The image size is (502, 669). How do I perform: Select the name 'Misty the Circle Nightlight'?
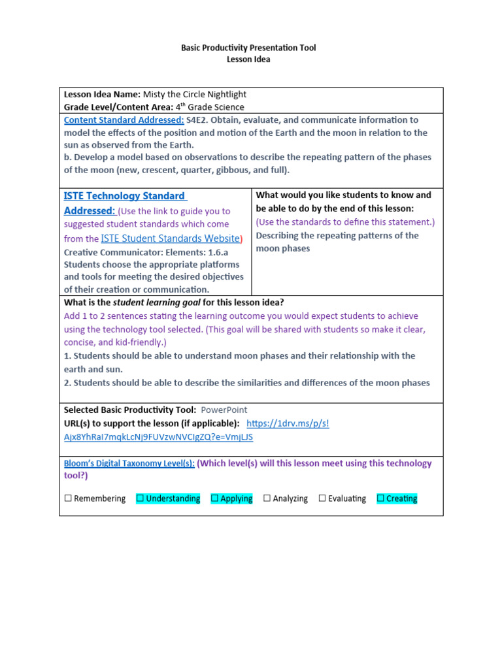tap(195, 94)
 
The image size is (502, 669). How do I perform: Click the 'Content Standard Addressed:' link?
tap(124, 120)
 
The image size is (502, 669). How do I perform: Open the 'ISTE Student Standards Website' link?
tap(171, 239)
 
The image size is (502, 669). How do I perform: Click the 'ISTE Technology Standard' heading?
tap(124, 196)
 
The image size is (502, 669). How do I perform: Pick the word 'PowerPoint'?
tap(224, 410)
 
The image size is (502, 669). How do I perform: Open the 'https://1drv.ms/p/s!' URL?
tap(288, 423)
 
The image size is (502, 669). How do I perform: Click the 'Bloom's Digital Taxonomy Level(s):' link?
tap(129, 463)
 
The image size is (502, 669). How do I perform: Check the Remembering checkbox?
tap(68, 498)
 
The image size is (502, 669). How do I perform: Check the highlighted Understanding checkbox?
tap(140, 498)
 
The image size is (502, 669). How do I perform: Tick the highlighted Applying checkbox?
tap(214, 498)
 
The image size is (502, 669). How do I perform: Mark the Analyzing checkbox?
tap(267, 498)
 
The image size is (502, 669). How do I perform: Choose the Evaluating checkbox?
tap(322, 498)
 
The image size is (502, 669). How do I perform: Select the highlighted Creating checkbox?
tap(380, 498)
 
